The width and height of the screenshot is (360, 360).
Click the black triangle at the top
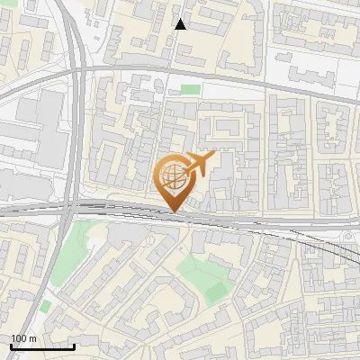coord(180,24)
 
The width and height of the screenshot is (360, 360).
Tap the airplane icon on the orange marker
coord(198,165)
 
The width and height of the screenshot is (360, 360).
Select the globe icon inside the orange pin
coord(173,175)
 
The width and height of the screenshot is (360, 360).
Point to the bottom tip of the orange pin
coord(173,211)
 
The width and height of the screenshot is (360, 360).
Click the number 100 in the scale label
coord(19,338)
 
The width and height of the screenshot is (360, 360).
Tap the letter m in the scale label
coord(32,338)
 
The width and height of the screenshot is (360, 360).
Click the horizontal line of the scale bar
coord(42,346)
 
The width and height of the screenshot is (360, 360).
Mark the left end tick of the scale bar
coord(10,345)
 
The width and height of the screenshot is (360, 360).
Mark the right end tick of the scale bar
coord(75,345)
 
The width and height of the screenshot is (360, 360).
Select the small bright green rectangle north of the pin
coord(189,89)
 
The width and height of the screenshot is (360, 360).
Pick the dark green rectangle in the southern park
coord(215,292)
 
